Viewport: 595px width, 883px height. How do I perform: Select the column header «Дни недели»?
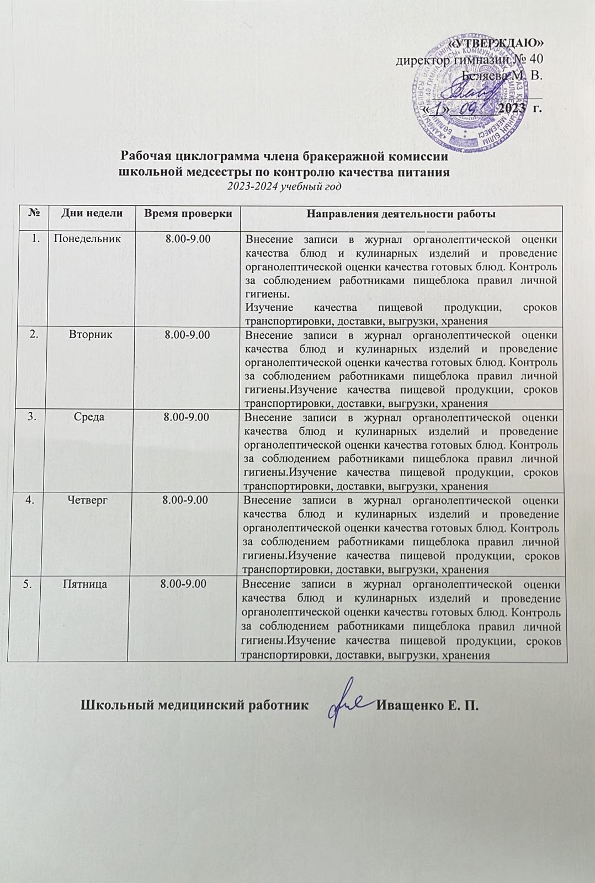(x=92, y=214)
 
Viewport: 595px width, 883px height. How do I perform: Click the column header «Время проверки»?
(x=188, y=214)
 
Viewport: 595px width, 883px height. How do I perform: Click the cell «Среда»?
(x=89, y=417)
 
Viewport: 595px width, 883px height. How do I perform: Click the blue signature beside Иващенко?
(x=347, y=707)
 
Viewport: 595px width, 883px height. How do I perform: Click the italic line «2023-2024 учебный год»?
(x=285, y=186)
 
